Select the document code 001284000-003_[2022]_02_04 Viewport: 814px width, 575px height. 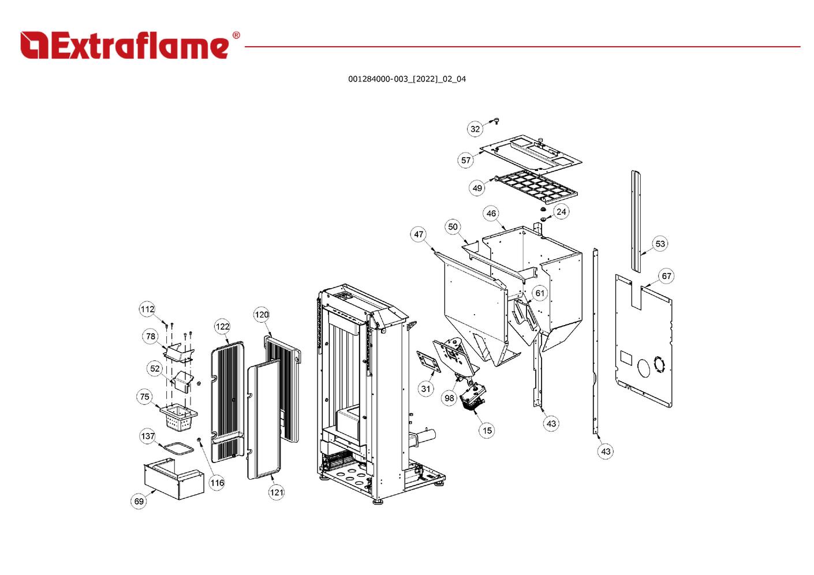coord(406,79)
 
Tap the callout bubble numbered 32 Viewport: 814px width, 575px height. coord(475,129)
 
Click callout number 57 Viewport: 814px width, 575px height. coord(466,160)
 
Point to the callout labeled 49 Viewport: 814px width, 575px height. coord(477,188)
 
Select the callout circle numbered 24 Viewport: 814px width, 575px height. coord(561,211)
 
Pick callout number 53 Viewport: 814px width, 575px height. coord(660,244)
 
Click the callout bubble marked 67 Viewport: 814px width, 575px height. coord(666,276)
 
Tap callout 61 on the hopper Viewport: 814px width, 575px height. coord(539,293)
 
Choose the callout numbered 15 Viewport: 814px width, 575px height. coord(487,430)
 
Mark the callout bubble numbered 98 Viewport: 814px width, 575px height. coord(449,398)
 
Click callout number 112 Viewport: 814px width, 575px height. coord(147,309)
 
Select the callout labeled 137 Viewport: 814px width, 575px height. coord(148,436)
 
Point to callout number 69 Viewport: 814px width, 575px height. coord(139,501)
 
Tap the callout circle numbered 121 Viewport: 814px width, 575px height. coord(277,492)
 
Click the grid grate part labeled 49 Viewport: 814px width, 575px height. coord(536,186)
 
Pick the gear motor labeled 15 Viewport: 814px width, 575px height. coord(474,398)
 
